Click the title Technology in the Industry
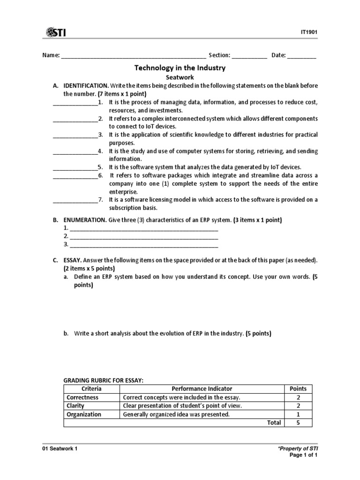pos(180,68)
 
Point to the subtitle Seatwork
pos(180,77)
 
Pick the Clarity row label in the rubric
pos(76,406)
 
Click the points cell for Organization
pos(299,414)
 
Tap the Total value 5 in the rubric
pos(299,423)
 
